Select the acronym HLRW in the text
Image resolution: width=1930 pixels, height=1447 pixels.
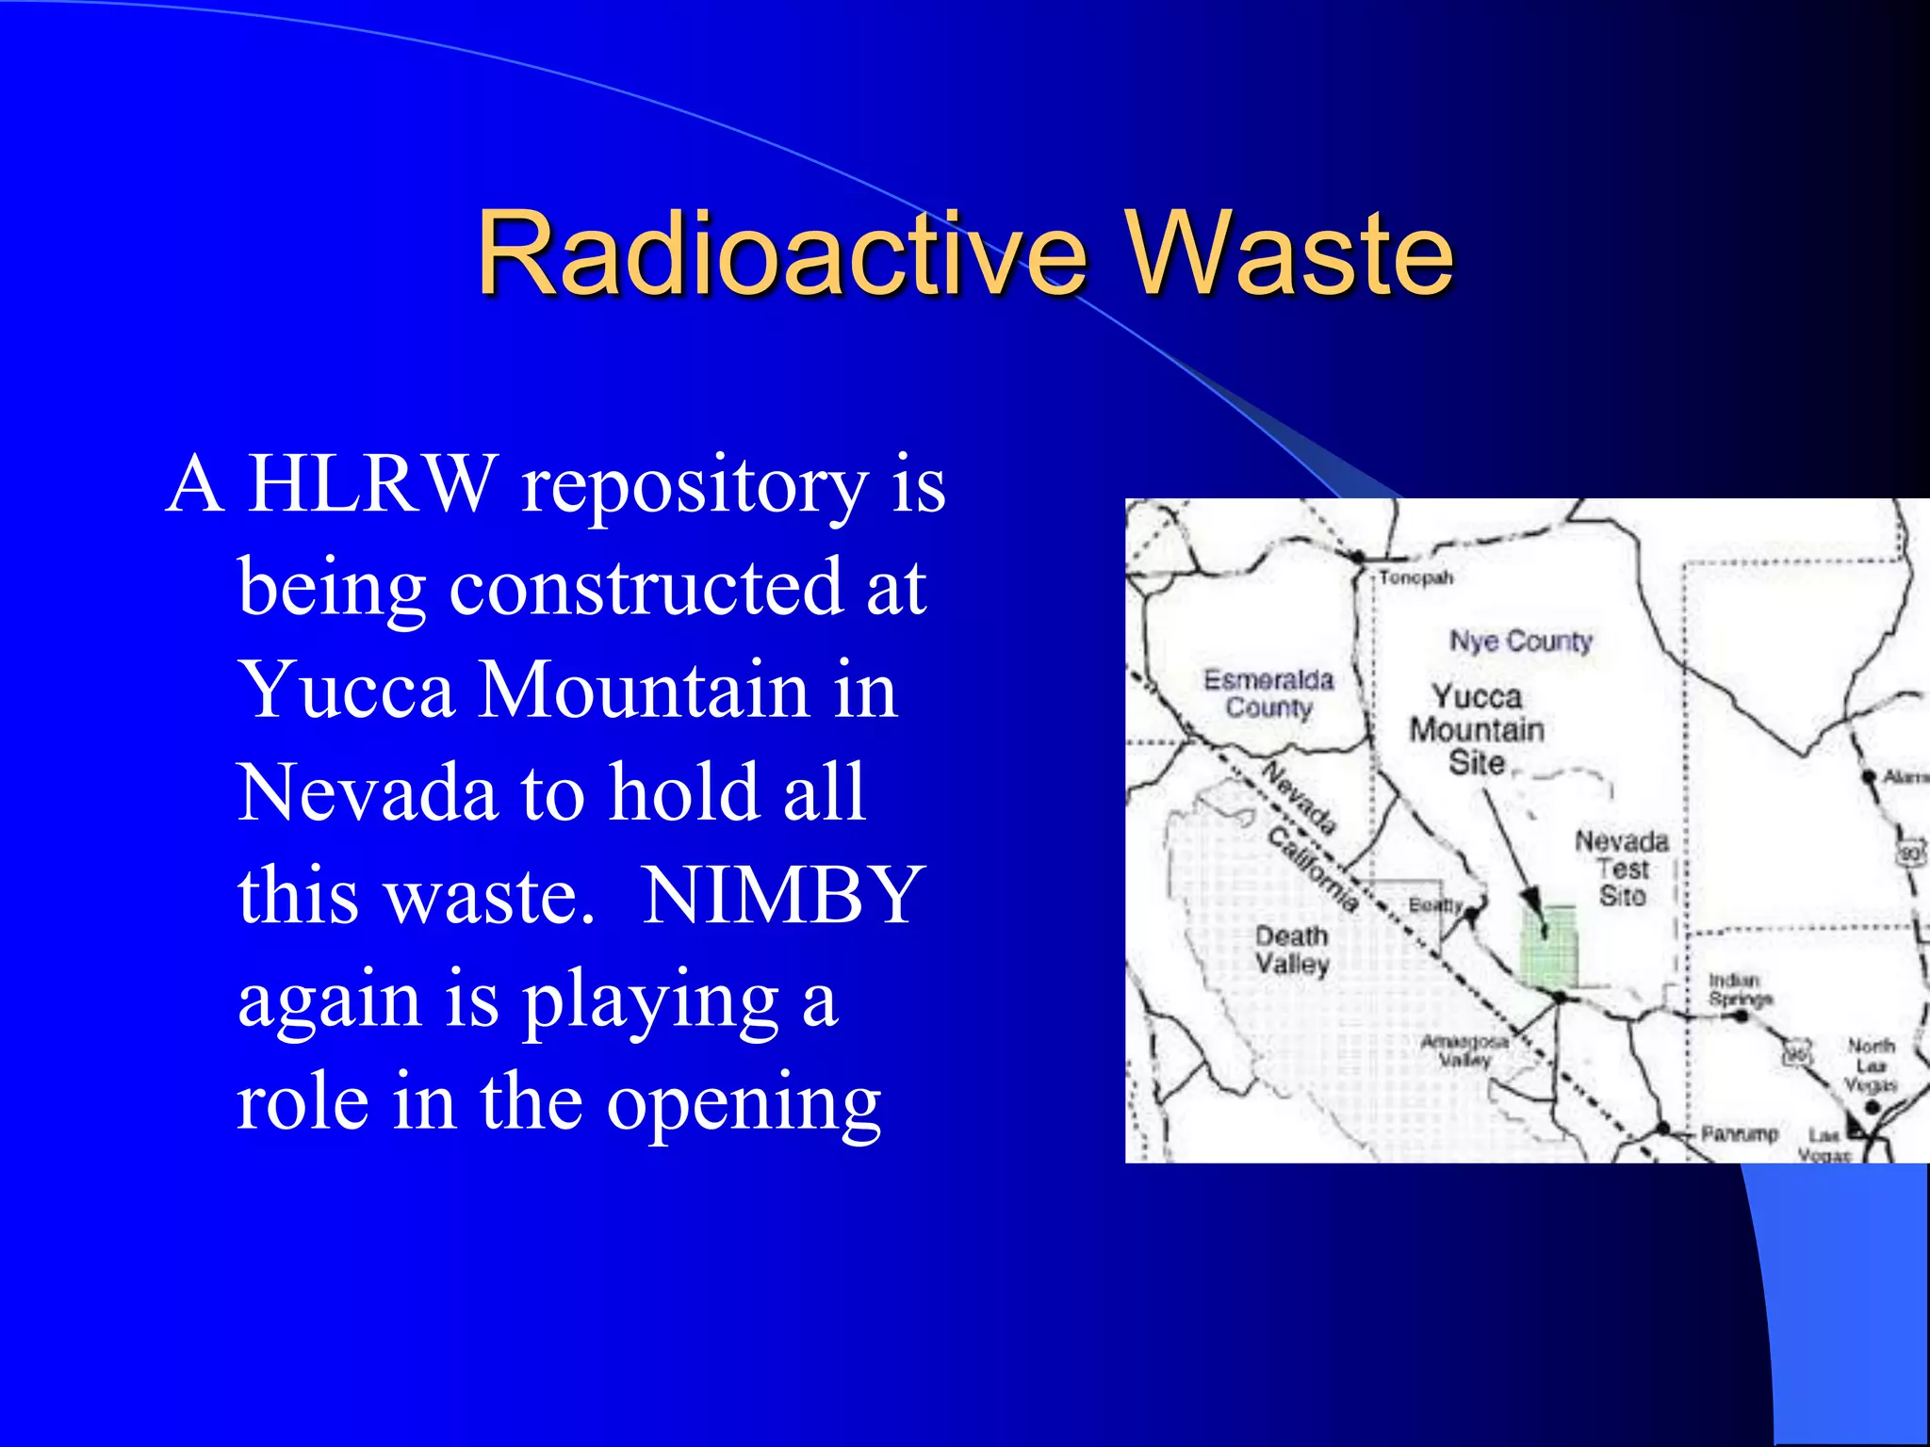[370, 484]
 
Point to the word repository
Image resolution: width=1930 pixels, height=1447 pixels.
[695, 486]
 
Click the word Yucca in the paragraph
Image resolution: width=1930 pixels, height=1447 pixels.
[346, 690]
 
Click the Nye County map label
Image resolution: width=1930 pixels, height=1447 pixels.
[1520, 642]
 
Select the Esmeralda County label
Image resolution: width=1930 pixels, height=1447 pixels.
[1268, 693]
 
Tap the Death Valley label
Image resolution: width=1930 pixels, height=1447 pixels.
[1291, 950]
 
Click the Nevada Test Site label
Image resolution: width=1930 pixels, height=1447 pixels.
[1622, 868]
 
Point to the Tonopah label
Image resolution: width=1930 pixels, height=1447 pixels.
[1415, 577]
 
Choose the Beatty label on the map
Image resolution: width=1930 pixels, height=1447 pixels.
[1434, 905]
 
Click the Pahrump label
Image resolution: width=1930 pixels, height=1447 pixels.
[1739, 1133]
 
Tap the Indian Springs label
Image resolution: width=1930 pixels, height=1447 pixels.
[1740, 989]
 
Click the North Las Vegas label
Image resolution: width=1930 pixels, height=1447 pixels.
[1871, 1065]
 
